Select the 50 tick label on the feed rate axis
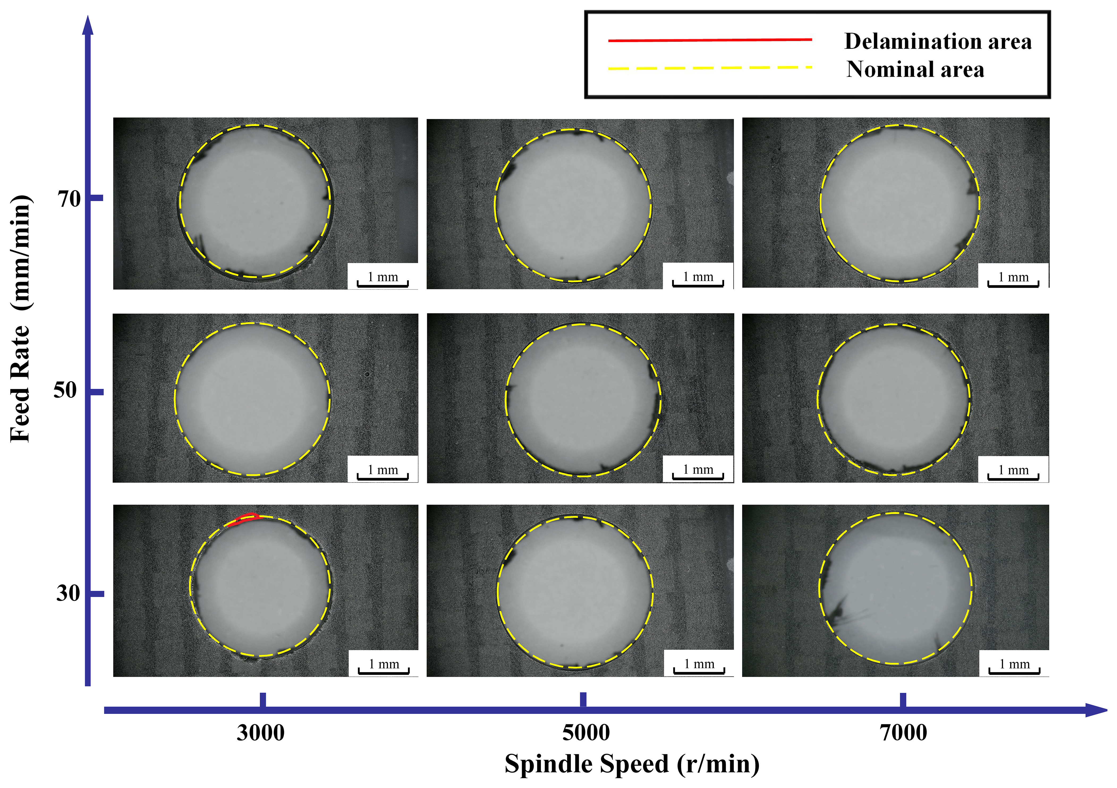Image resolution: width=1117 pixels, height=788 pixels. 66,391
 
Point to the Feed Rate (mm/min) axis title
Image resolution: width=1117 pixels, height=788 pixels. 20,319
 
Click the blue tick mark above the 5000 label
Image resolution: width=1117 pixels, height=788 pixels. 583,700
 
